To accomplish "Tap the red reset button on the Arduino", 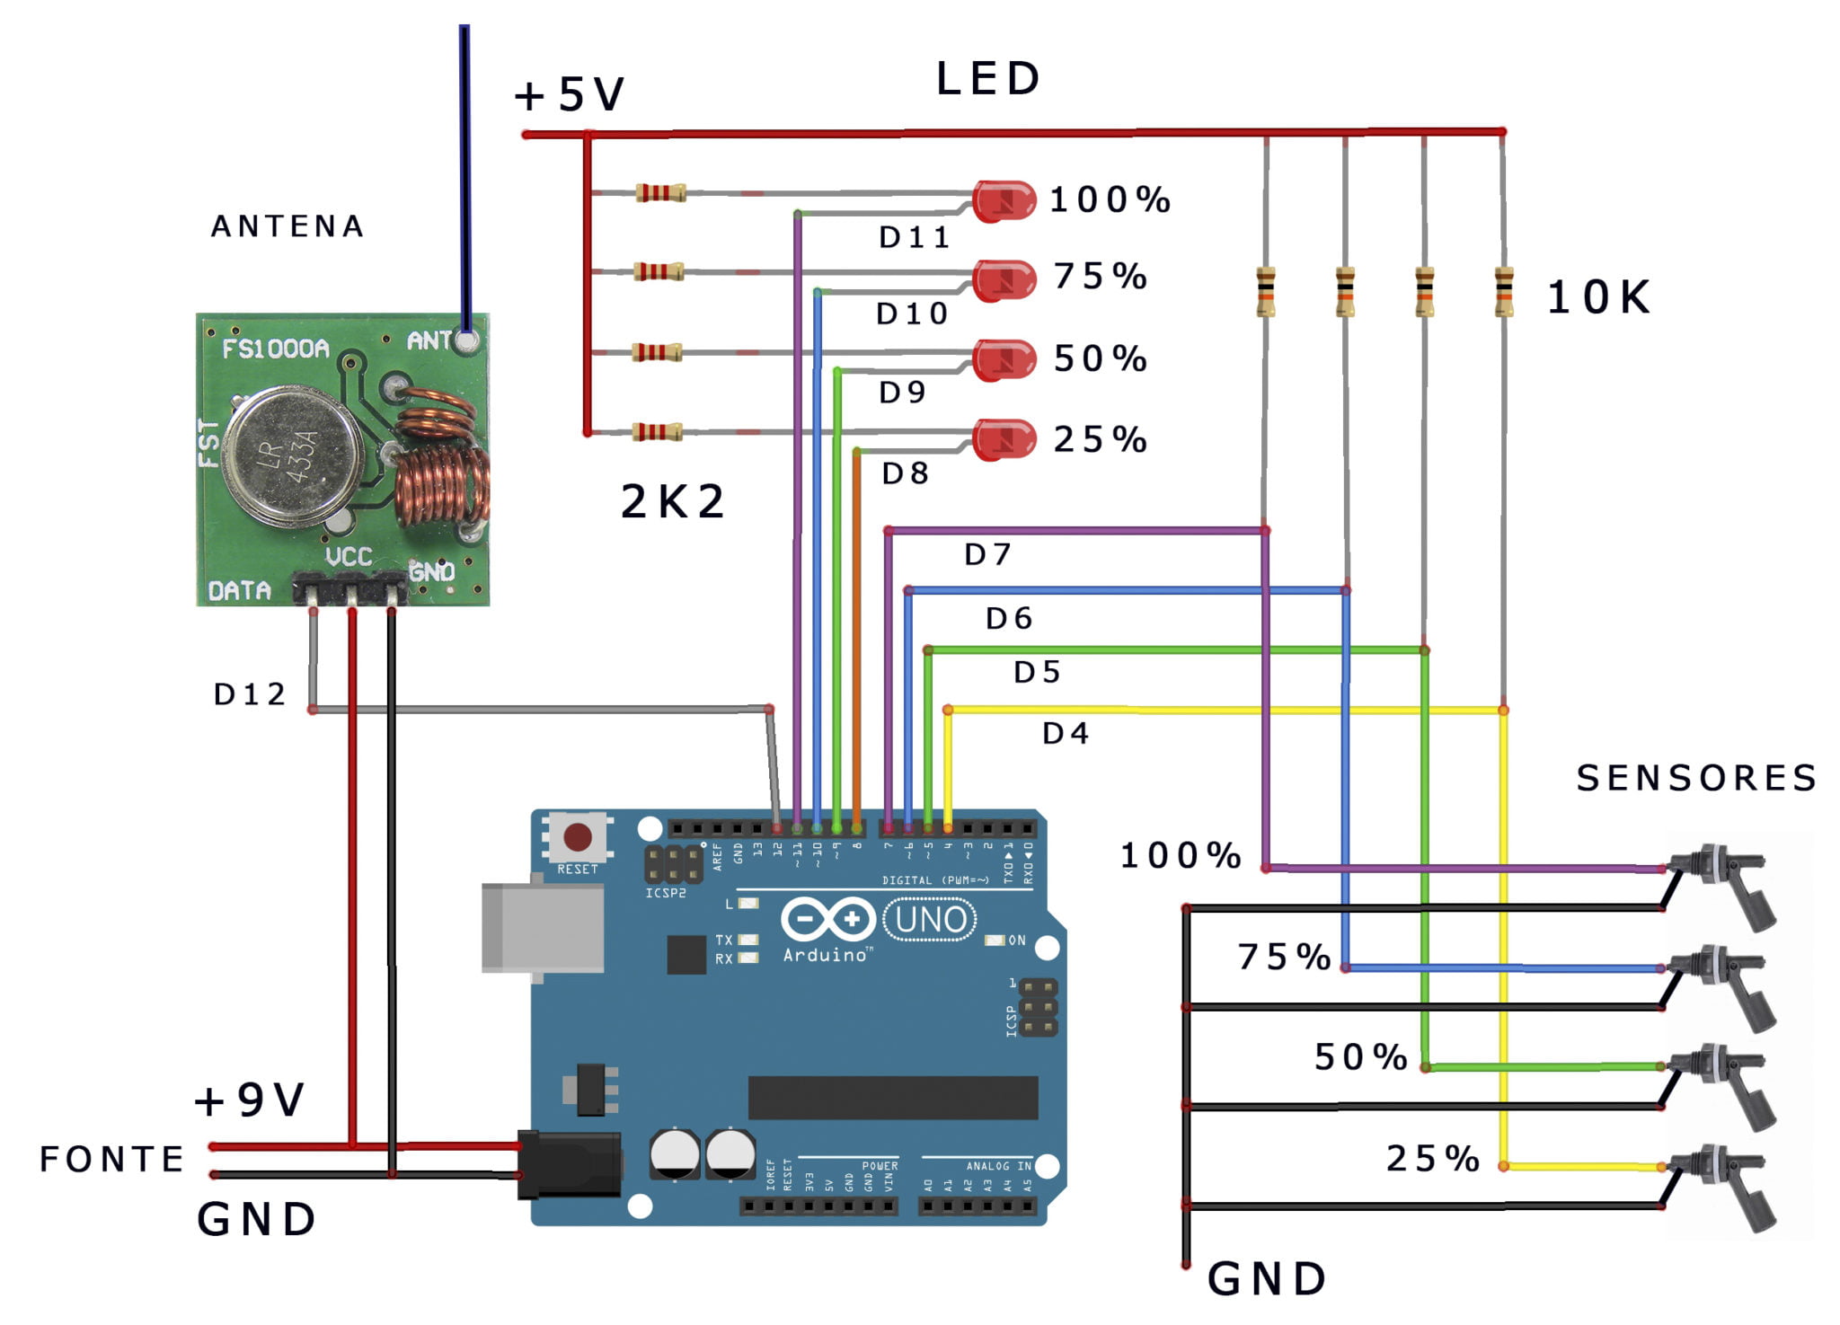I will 577,837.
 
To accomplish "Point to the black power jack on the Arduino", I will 570,1164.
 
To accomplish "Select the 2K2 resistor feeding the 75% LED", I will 659,271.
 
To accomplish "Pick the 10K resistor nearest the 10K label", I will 1503,292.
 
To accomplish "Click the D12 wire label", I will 249,694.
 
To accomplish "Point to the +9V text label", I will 250,1100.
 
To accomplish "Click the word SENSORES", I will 1695,778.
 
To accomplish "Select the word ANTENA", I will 287,226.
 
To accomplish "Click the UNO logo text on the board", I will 930,920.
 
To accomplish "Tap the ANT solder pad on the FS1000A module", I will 466,340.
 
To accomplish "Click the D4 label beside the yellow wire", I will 1066,734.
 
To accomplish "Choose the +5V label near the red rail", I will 569,94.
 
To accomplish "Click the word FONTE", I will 111,1159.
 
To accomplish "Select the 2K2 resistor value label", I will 672,501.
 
